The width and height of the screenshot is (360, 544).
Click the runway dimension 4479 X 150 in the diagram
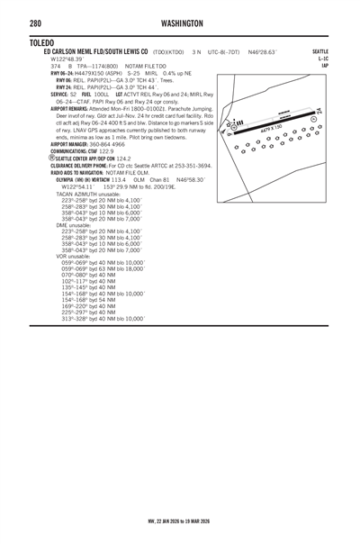[272, 130]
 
